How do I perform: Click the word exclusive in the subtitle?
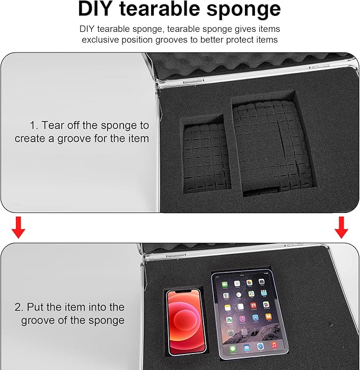(x=100, y=40)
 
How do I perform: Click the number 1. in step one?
(x=34, y=125)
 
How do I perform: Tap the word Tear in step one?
(x=53, y=125)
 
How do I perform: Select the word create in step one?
(x=30, y=139)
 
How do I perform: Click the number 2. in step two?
(x=19, y=307)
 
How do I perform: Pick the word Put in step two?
(x=36, y=307)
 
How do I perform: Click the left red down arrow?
(x=18, y=227)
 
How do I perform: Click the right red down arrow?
(x=341, y=227)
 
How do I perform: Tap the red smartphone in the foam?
(x=186, y=323)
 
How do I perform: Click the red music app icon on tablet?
(x=274, y=345)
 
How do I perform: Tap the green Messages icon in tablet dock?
(x=233, y=349)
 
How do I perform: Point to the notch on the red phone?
(x=183, y=292)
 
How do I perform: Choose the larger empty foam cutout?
(x=273, y=143)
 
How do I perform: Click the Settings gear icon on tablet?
(x=231, y=333)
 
